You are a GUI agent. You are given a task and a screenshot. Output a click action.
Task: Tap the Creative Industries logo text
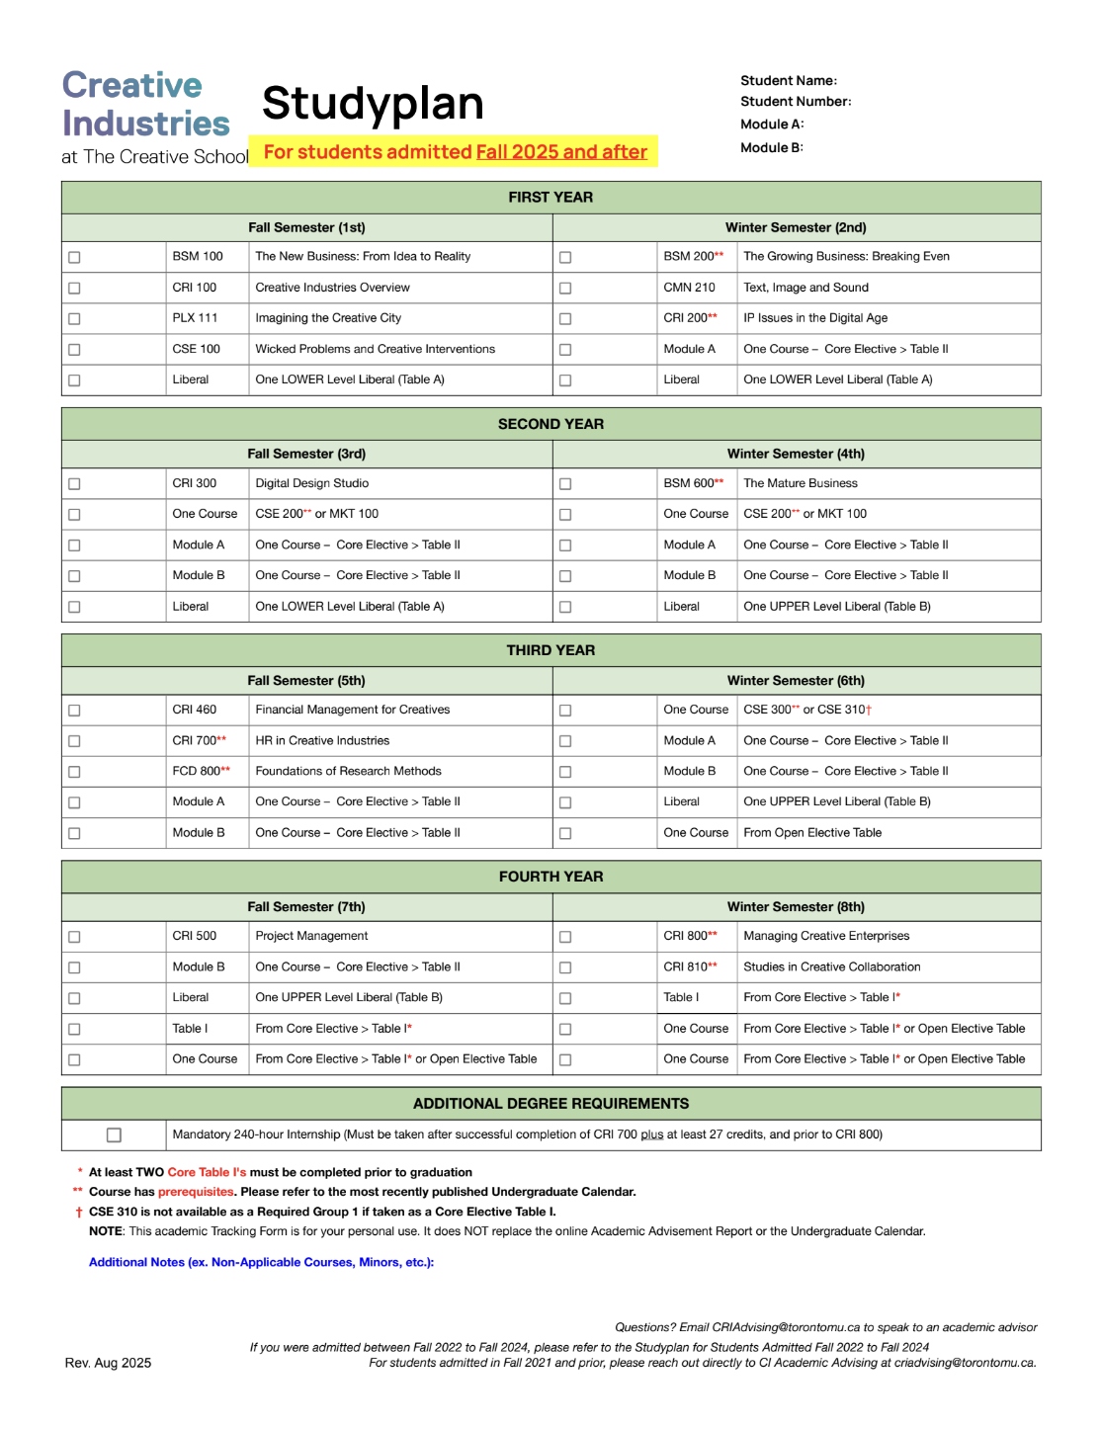146,105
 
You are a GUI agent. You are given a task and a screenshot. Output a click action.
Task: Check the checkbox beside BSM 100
74,257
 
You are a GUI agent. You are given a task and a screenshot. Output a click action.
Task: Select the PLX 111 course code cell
195,318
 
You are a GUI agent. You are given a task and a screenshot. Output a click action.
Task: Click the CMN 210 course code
689,288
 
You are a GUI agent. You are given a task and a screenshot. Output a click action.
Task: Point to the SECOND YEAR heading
550,424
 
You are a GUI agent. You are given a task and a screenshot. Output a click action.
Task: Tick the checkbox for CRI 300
74,484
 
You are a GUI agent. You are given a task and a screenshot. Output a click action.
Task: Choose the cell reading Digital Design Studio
312,483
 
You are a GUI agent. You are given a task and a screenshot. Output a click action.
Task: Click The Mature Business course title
801,483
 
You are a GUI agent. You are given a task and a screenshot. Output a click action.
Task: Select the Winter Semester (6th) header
796,681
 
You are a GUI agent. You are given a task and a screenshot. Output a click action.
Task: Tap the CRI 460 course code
195,710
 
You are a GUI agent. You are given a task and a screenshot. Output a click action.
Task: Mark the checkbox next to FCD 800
74,772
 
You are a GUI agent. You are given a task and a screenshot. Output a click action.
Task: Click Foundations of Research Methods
348,771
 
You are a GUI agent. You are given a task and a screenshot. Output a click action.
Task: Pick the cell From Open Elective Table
812,833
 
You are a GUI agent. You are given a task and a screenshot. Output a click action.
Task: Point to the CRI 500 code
195,936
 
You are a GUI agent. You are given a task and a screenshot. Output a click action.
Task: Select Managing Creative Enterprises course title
826,936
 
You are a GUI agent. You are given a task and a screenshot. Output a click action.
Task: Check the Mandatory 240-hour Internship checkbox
114,1135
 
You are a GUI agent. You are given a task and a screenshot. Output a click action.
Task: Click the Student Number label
796,102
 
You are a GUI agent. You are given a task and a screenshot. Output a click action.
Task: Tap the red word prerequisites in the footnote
196,1192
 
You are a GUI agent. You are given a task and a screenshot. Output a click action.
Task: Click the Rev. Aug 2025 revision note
108,1363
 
